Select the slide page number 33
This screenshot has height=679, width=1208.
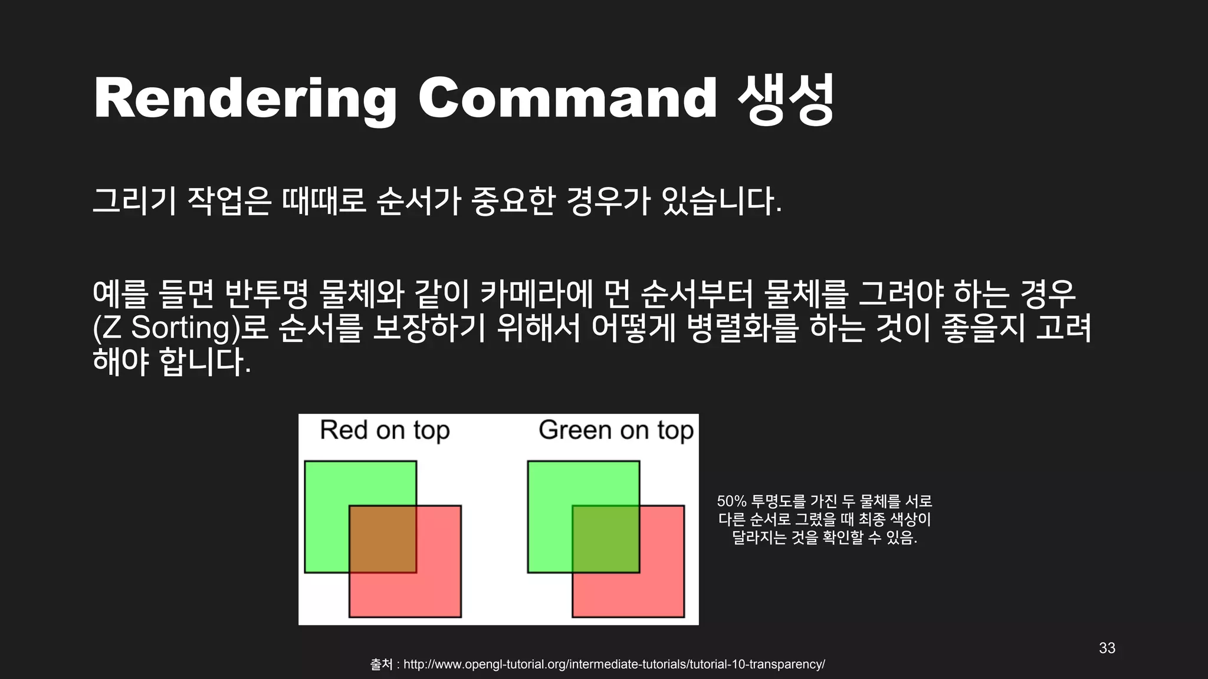1107,648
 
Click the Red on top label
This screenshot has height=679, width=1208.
385,430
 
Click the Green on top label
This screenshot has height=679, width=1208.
616,430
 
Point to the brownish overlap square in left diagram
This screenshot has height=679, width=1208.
383,539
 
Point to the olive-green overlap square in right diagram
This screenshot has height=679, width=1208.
606,539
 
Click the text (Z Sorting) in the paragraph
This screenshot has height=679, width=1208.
169,328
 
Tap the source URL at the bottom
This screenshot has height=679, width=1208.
613,664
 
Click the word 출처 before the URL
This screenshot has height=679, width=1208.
381,664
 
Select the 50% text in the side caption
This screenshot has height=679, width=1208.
731,502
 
